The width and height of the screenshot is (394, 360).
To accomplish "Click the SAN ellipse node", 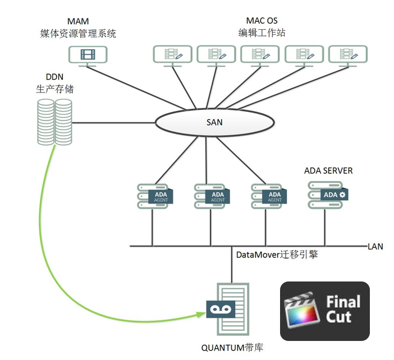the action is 215,122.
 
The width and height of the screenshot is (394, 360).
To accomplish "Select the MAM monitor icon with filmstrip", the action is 88,56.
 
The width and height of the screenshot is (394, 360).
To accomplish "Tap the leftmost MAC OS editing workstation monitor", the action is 173,56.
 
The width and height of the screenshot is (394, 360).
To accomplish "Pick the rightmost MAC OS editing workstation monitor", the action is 348,56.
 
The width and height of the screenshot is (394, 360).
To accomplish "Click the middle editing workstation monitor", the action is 260,56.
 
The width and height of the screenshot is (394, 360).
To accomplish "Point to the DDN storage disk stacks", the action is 55,122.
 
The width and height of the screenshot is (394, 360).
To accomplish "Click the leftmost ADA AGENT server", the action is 155,196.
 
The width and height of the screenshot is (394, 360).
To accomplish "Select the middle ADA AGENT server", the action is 212,196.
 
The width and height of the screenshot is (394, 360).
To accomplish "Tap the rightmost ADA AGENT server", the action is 269,196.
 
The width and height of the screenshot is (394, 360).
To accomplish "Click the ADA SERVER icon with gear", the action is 328,195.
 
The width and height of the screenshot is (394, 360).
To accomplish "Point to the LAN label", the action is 375,247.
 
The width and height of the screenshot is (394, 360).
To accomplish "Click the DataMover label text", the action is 277,255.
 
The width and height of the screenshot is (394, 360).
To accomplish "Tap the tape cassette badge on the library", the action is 221,310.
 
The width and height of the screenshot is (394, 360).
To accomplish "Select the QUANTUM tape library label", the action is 232,348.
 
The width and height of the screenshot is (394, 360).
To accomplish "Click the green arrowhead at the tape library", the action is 201,314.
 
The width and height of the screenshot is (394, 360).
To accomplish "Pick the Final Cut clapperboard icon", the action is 302,310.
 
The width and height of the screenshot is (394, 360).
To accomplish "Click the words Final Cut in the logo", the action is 343,310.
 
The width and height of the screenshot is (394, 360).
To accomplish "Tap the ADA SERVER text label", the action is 328,170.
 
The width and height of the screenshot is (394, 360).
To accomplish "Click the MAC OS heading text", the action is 262,21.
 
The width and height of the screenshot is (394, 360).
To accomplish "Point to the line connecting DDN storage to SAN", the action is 114,123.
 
